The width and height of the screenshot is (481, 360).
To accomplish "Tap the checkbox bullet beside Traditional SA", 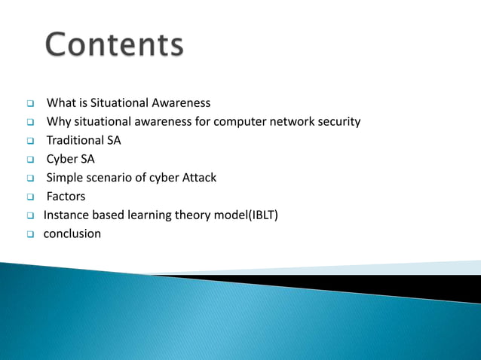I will pos(31,141).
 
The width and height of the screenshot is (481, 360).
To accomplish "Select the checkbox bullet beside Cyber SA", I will pos(31,160).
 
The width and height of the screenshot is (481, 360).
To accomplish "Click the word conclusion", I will pos(72,233).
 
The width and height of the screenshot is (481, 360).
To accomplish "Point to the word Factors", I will pos(66,197).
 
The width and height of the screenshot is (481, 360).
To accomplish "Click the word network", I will pos(297,121).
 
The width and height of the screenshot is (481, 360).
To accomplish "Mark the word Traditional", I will pos(75,140).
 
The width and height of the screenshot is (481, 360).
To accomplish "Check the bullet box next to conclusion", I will pos(31,234).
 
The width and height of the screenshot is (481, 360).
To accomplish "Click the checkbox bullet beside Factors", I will pos(31,197).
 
